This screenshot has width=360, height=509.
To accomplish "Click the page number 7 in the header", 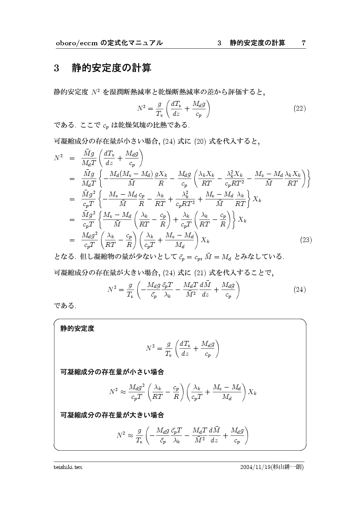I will tap(303, 43).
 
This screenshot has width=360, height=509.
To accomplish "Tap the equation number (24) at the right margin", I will tap(299, 289).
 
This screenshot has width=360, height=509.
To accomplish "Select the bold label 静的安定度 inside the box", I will tap(77, 329).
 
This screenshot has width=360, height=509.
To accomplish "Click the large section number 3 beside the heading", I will tap(57, 69).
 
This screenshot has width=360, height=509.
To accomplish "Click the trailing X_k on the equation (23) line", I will tap(206, 240).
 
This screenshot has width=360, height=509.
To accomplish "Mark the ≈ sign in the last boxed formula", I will tap(130, 435).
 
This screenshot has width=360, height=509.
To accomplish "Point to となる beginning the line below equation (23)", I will tap(64, 257).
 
